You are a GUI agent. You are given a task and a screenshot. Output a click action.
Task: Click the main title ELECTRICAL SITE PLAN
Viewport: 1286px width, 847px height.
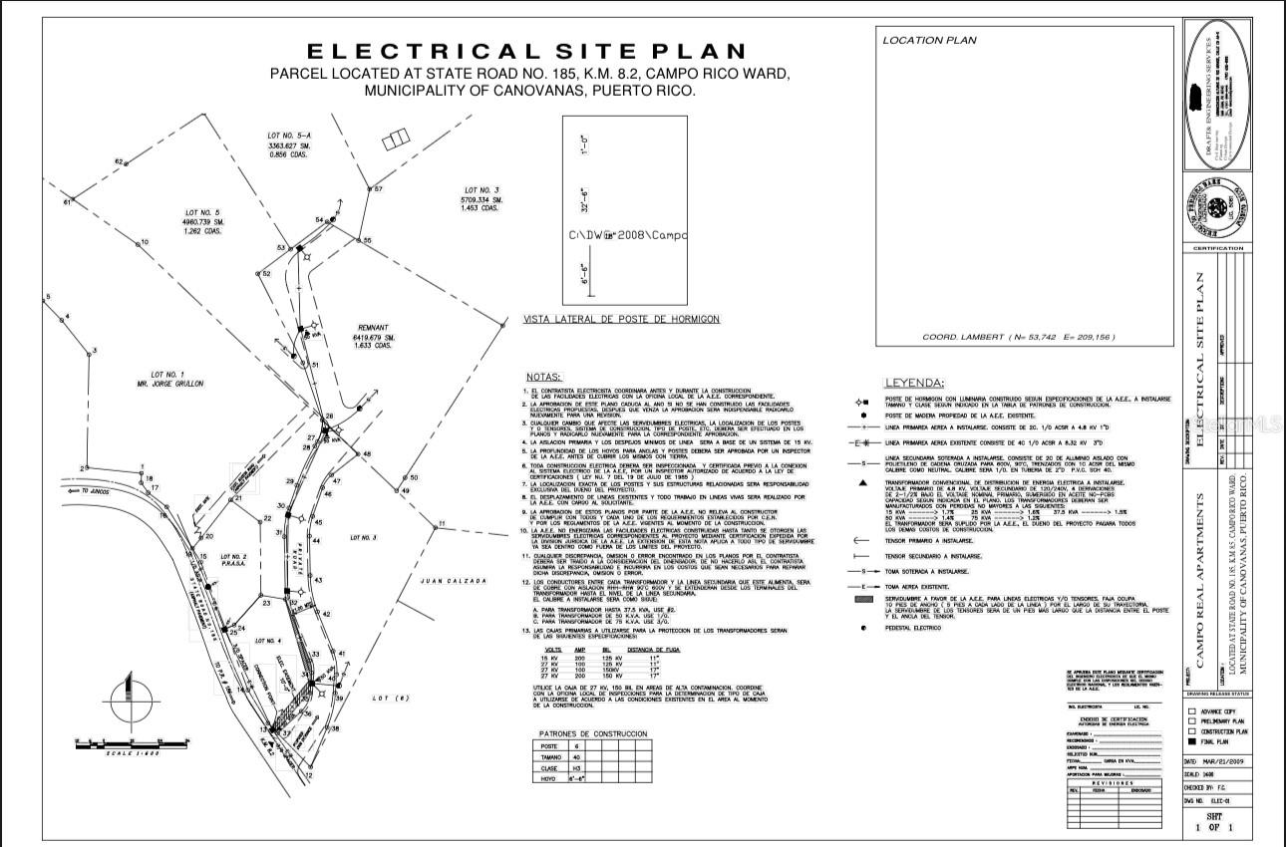coord(525,51)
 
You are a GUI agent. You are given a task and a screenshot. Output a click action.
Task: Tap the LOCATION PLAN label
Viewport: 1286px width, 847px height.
coord(929,41)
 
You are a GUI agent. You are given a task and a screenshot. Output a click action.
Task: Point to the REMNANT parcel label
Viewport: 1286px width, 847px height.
coord(378,327)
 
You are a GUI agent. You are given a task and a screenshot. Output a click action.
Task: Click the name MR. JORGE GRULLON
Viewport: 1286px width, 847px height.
coord(168,383)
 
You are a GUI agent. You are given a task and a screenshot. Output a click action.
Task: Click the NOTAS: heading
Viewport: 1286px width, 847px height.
coord(543,378)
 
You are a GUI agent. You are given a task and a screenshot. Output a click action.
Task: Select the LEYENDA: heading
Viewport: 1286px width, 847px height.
coord(914,384)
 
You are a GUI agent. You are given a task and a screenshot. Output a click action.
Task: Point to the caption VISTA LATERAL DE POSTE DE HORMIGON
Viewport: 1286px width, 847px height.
coord(621,320)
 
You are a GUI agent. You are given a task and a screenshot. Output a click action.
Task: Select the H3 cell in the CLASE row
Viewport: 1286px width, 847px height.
coord(576,769)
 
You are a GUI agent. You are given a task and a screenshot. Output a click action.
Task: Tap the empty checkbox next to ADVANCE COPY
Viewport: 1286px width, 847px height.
coord(1192,710)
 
